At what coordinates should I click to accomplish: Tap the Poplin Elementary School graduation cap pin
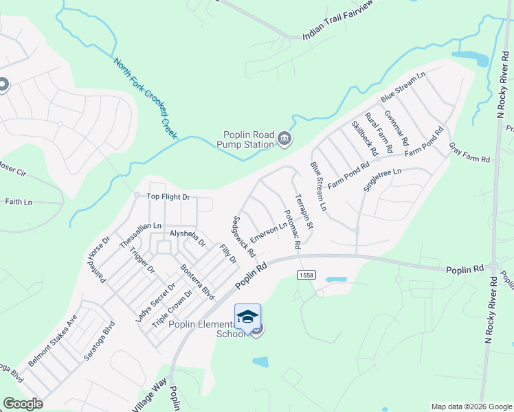[x=247, y=317]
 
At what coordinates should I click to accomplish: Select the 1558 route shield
[x=306, y=275]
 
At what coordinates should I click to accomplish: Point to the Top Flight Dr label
[x=168, y=197]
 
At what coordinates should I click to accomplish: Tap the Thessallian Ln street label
[x=139, y=235]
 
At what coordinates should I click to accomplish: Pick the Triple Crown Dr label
[x=167, y=307]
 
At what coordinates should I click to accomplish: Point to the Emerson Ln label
[x=269, y=231]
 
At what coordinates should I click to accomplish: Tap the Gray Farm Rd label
[x=469, y=153]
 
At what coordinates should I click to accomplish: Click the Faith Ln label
[x=19, y=202]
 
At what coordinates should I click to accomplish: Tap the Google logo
[x=23, y=403]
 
